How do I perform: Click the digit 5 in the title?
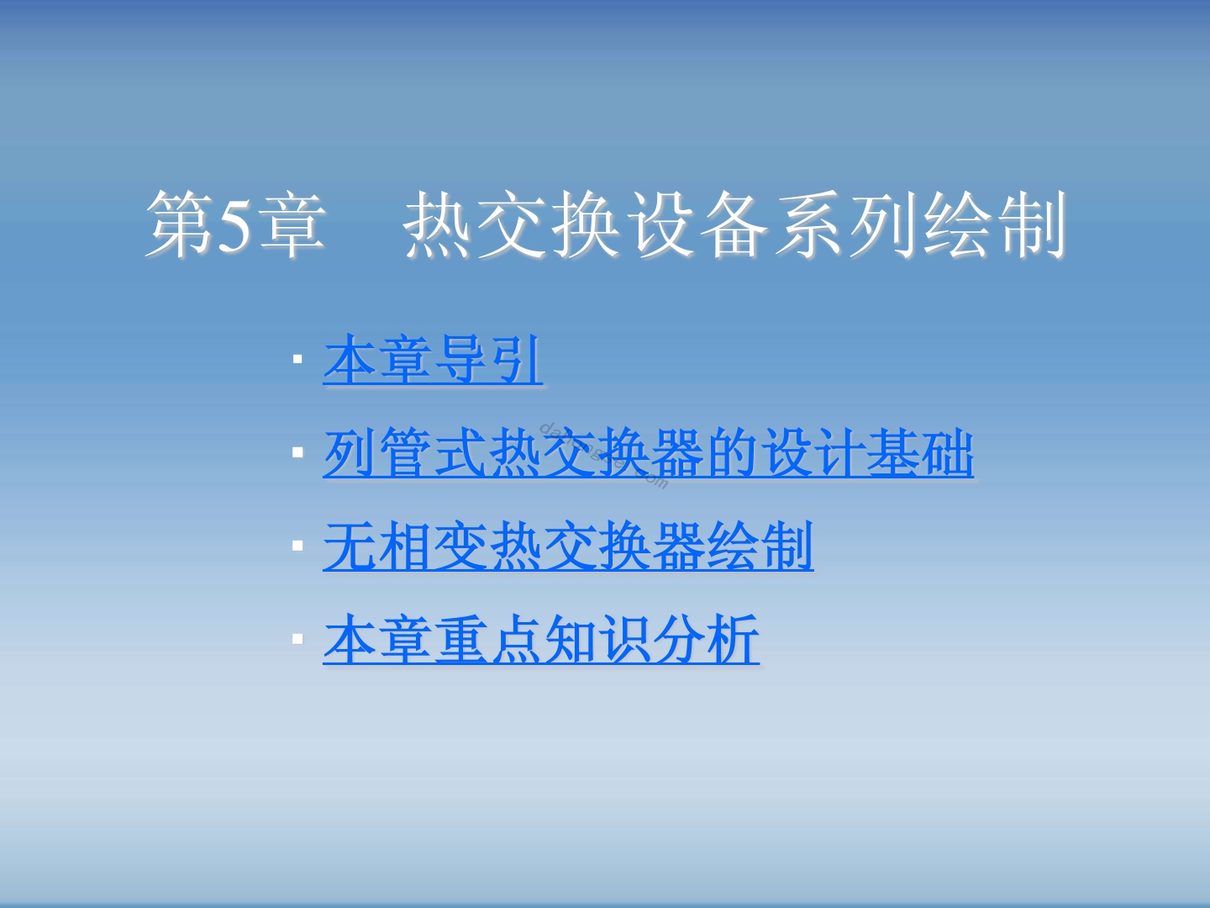click(234, 225)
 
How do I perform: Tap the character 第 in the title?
click(180, 224)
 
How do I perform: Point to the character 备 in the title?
click(734, 224)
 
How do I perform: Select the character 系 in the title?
click(808, 224)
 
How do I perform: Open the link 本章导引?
click(433, 360)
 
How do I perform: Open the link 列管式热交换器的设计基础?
click(648, 452)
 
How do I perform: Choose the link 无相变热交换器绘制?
click(568, 546)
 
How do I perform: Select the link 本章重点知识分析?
click(541, 639)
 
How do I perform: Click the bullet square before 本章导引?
click(297, 360)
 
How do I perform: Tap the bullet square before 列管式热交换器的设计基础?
click(297, 452)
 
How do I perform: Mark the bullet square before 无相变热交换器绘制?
click(297, 546)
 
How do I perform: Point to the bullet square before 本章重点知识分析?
click(297, 639)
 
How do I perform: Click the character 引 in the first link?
click(516, 360)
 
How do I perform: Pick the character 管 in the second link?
click(406, 452)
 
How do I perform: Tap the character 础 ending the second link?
click(947, 452)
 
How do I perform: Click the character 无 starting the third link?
click(350, 546)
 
